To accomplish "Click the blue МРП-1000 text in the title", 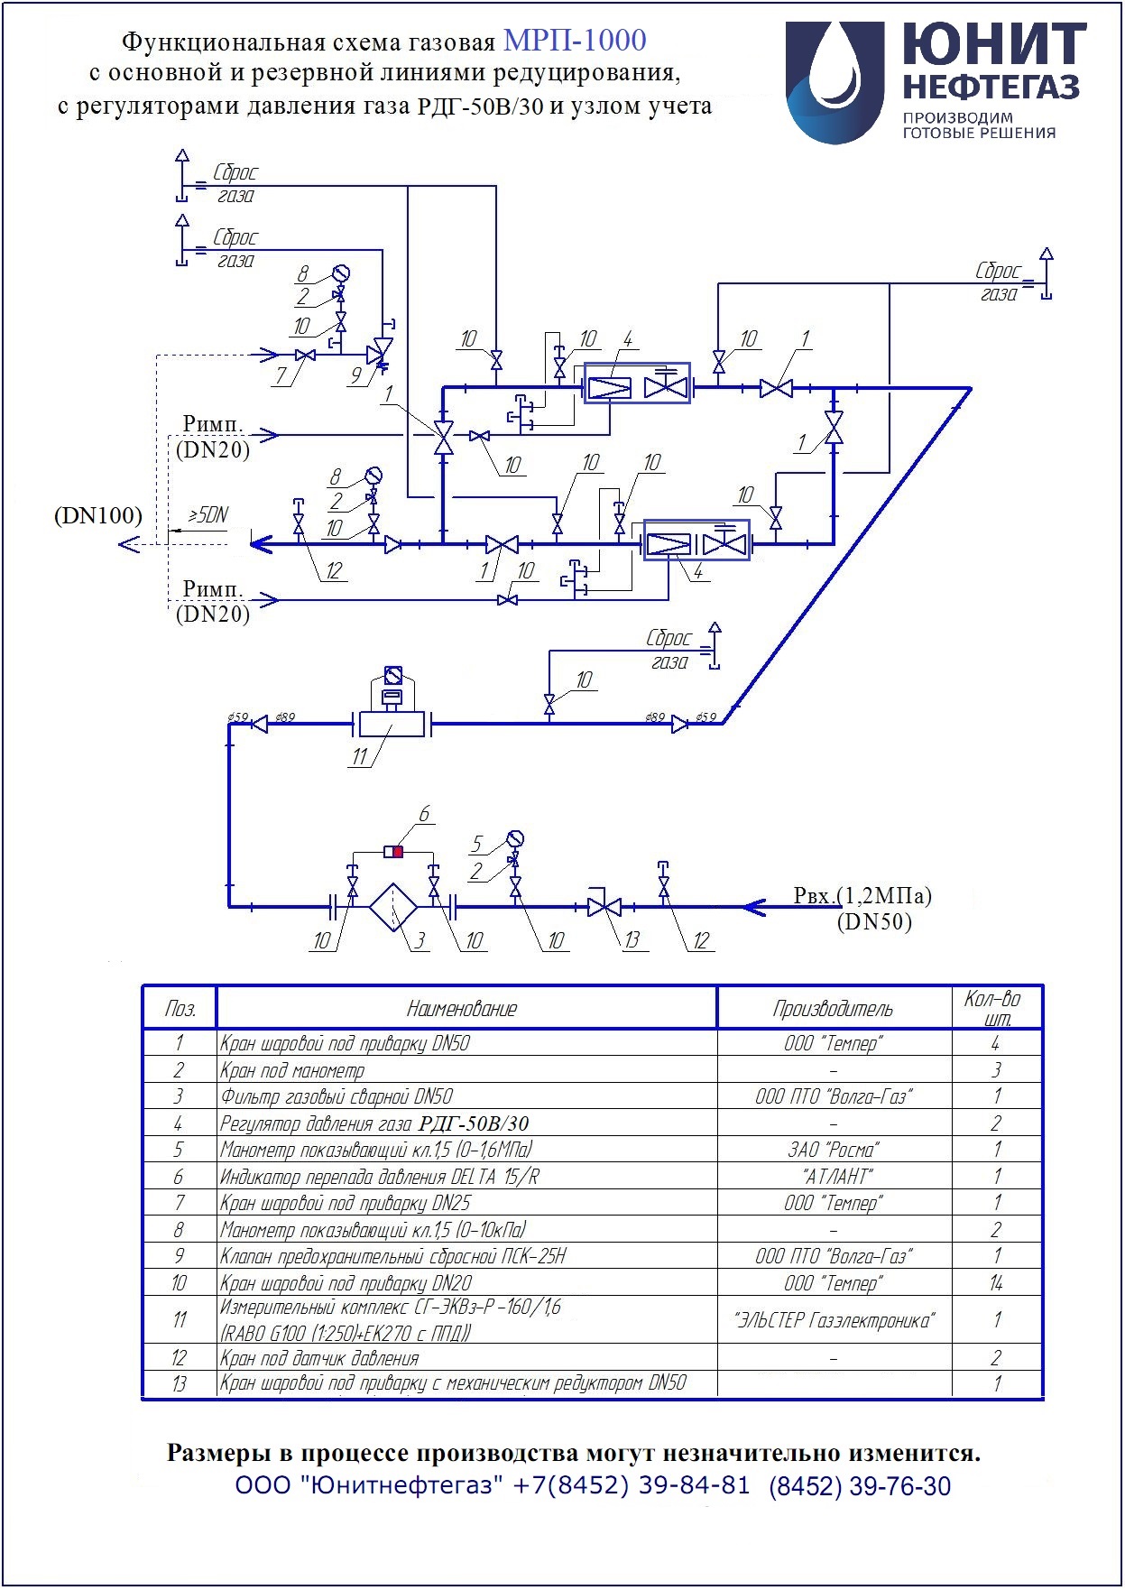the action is (575, 41).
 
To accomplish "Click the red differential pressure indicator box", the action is (397, 851).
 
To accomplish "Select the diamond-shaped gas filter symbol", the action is (393, 906).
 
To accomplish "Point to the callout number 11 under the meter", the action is (360, 756).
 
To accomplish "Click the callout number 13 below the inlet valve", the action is (632, 940).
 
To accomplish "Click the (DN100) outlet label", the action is (98, 516).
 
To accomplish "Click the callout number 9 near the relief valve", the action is (356, 373).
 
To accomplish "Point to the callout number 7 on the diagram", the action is (281, 374).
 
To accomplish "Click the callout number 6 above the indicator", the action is (423, 814).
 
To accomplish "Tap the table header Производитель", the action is (833, 1008).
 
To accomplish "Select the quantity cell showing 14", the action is (996, 1282).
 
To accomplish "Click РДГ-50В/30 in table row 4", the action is (474, 1123).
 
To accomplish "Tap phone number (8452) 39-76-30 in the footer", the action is (860, 1486).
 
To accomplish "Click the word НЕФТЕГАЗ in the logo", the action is (991, 87).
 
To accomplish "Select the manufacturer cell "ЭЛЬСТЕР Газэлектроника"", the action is (835, 1320).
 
